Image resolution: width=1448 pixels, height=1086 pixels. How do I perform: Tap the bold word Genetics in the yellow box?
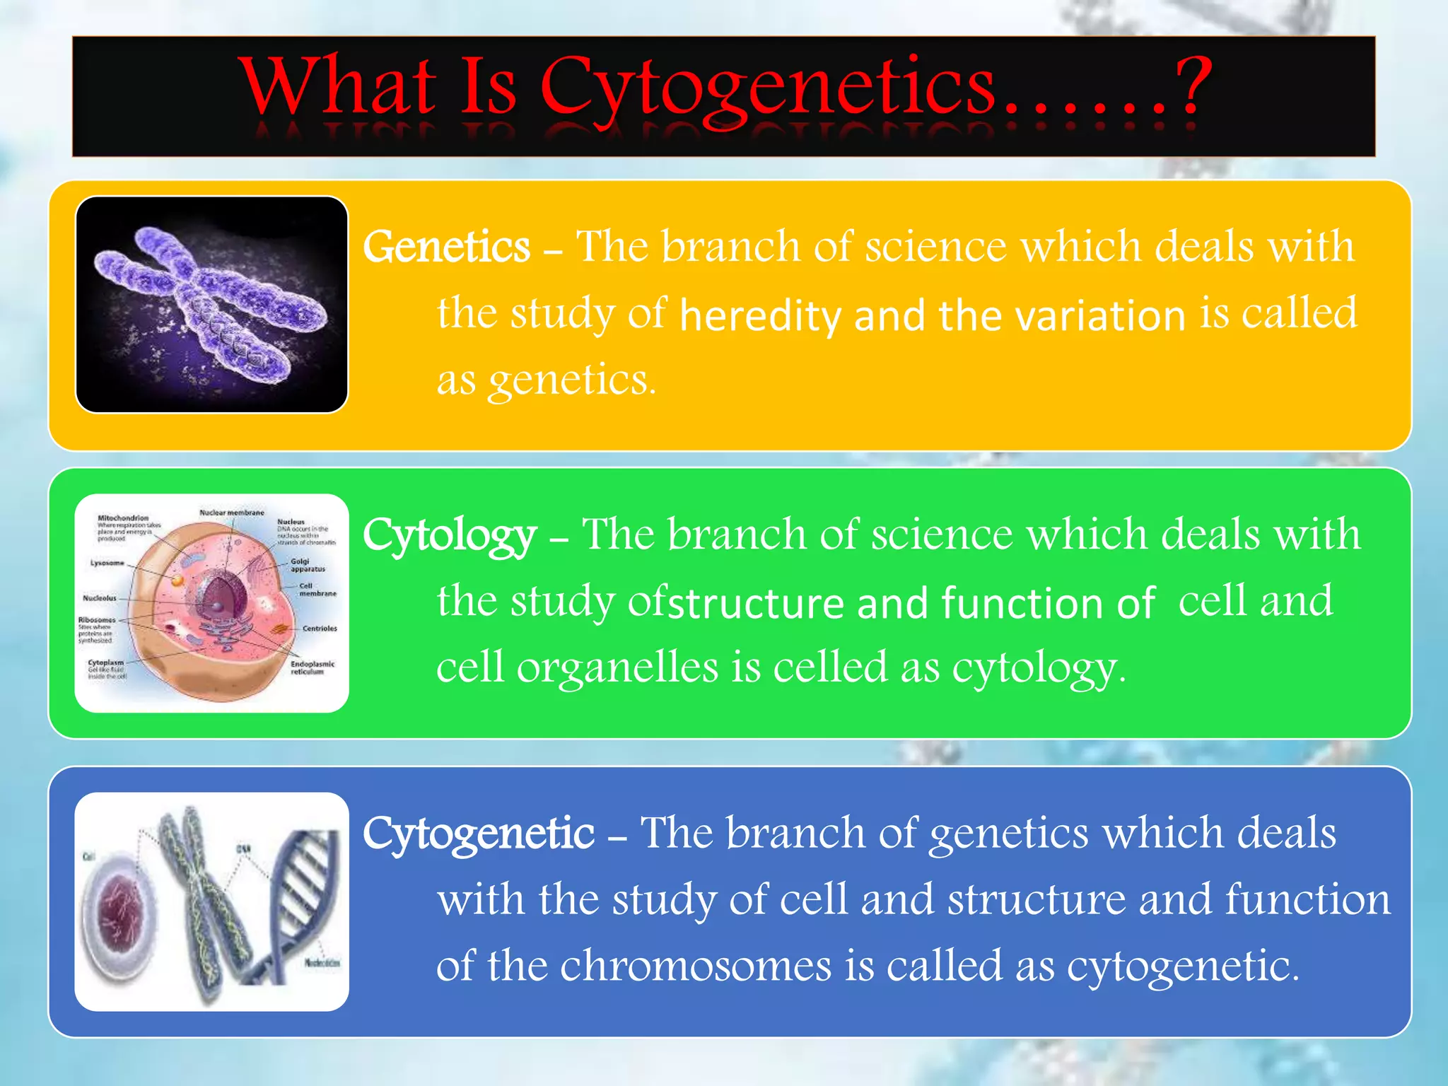(x=446, y=247)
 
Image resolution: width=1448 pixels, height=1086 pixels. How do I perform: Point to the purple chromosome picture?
(x=211, y=304)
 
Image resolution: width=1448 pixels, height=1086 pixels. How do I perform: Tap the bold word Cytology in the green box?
(x=450, y=535)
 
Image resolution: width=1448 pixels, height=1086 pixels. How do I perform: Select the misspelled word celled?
(x=830, y=667)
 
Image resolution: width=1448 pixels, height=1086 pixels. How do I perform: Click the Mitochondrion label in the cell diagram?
(x=123, y=518)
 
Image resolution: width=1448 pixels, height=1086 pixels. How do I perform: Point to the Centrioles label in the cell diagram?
(x=320, y=628)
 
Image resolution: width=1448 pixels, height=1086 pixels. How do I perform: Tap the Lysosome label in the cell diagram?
(x=107, y=563)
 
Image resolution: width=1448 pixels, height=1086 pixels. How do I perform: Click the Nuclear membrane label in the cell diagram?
(x=232, y=512)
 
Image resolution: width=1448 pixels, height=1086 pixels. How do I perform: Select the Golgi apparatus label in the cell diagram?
(x=308, y=565)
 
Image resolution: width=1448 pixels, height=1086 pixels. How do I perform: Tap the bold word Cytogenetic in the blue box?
(x=479, y=834)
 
